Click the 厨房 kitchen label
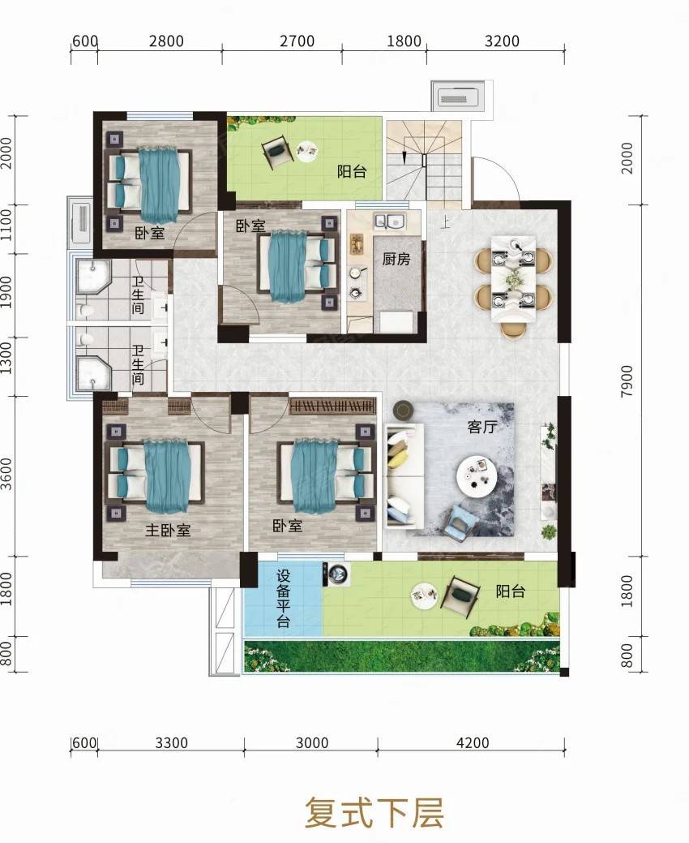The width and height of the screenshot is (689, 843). (x=396, y=259)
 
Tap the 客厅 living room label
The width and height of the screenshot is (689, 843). (x=481, y=427)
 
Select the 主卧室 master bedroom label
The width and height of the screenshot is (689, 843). (x=168, y=530)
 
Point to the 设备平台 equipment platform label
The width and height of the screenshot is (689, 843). (x=283, y=599)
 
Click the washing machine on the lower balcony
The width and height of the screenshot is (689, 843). (x=336, y=574)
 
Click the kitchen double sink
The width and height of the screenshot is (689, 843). (x=390, y=221)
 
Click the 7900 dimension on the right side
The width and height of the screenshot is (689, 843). (x=626, y=381)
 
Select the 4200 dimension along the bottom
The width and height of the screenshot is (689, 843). (x=473, y=742)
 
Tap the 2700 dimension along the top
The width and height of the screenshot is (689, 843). (x=297, y=41)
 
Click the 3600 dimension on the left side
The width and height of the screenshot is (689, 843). (x=6, y=474)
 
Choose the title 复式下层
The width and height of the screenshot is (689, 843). (x=374, y=812)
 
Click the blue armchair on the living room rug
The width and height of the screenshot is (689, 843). (x=462, y=519)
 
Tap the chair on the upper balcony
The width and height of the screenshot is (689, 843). (x=278, y=153)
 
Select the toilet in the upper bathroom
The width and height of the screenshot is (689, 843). (x=85, y=310)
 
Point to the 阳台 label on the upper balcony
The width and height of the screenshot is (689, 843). (x=352, y=171)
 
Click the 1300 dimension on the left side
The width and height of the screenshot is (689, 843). (x=6, y=358)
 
